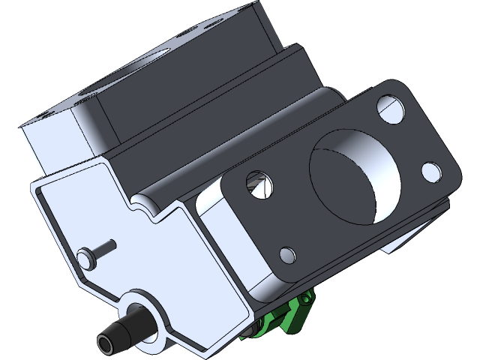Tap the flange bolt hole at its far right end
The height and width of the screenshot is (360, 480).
[x=431, y=172]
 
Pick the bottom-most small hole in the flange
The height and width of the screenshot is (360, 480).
[x=286, y=254]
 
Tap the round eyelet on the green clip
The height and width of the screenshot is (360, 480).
[x=305, y=301]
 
